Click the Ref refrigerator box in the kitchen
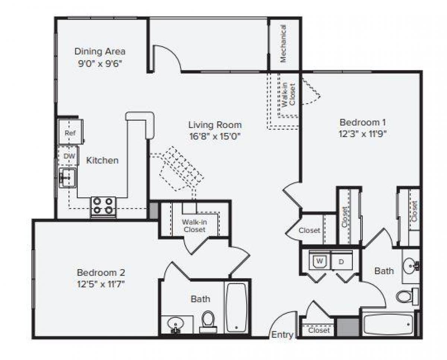(70, 132)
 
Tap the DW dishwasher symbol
(69, 156)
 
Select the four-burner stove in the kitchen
(103, 206)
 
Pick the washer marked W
(319, 261)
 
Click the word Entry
(282, 335)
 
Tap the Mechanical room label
(283, 44)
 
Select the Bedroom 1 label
(362, 122)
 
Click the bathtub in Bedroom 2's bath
(236, 307)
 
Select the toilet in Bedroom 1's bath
(405, 296)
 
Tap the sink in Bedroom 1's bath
(411, 265)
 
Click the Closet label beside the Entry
(319, 330)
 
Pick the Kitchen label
(102, 160)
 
